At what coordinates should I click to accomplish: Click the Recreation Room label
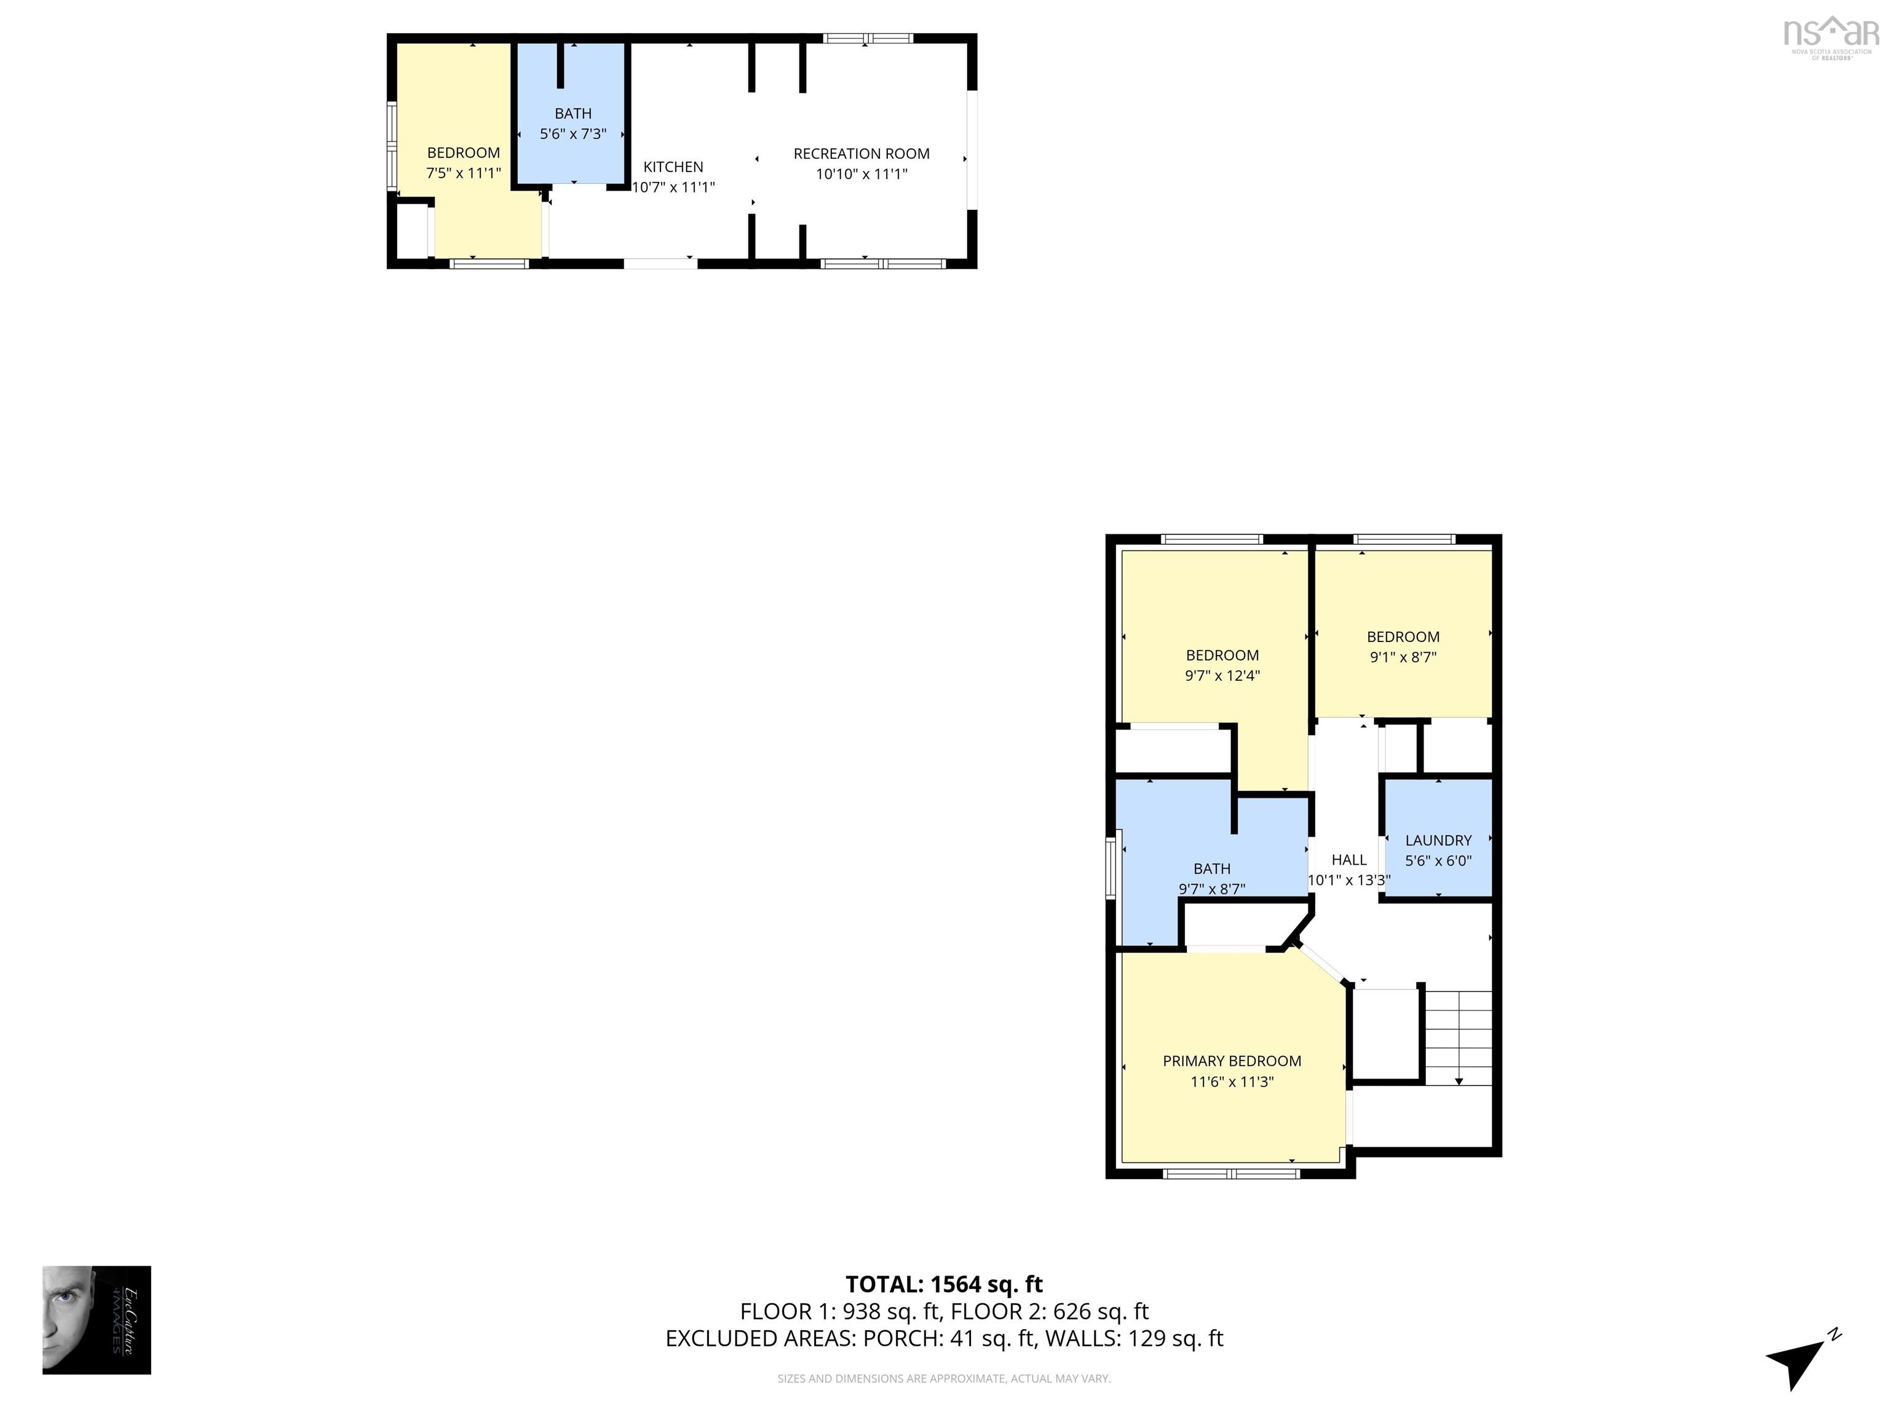click(861, 154)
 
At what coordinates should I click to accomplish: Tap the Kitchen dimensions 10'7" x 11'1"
click(673, 187)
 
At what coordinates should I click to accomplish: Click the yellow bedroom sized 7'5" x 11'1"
click(463, 163)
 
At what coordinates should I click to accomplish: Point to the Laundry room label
click(1438, 841)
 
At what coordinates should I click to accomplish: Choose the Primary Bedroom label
click(1232, 1061)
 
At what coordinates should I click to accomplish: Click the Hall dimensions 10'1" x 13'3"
click(1348, 879)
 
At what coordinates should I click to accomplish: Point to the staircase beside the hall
click(1458, 1037)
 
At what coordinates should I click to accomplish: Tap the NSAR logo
click(1831, 36)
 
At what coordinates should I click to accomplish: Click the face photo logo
click(97, 1320)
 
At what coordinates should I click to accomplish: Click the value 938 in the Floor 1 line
click(861, 1311)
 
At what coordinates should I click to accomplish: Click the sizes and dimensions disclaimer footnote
click(944, 1379)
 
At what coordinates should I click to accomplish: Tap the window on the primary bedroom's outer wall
click(1232, 1175)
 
